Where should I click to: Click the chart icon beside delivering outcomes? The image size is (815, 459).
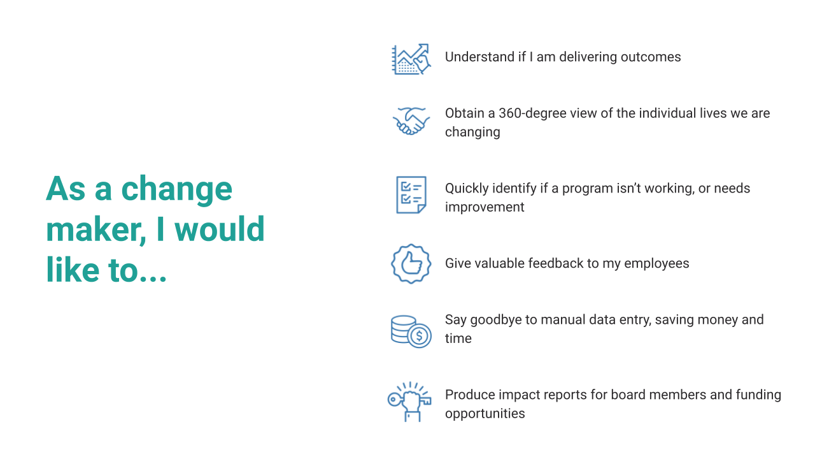411,59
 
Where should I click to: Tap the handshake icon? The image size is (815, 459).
411,120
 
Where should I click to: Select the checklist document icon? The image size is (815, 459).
411,195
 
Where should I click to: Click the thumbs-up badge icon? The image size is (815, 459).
411,263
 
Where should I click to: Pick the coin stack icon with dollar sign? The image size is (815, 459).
411,331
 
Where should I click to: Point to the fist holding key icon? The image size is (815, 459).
409,402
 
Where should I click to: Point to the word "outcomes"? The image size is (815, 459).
649,57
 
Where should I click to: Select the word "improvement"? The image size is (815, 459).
485,207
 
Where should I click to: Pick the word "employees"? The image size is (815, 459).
656,263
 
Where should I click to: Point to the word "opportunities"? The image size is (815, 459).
485,414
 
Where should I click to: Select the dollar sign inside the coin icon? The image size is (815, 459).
419,336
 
